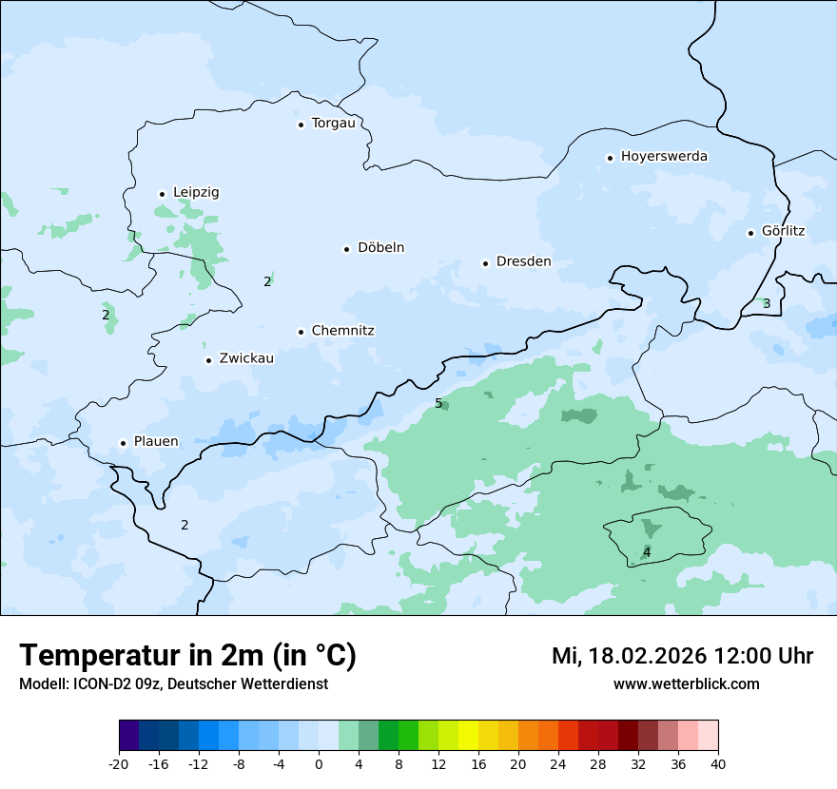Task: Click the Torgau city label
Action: [333, 124]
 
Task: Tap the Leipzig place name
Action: [196, 192]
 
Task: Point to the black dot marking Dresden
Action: [485, 262]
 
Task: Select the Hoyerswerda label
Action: [664, 156]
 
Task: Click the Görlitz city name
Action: [783, 231]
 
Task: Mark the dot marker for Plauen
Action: [123, 443]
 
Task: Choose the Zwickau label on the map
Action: [246, 358]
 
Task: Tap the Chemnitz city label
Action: [342, 331]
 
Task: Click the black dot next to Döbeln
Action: [346, 249]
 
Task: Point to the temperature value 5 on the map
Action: [438, 403]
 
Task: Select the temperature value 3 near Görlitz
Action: [767, 303]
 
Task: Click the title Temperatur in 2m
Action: [188, 656]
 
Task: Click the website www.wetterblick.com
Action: [686, 683]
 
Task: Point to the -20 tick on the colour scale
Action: [119, 763]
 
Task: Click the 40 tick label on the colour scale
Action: [718, 763]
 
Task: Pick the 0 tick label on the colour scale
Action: [319, 763]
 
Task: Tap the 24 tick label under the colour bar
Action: [558, 763]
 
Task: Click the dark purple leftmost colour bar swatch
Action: [128, 736]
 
